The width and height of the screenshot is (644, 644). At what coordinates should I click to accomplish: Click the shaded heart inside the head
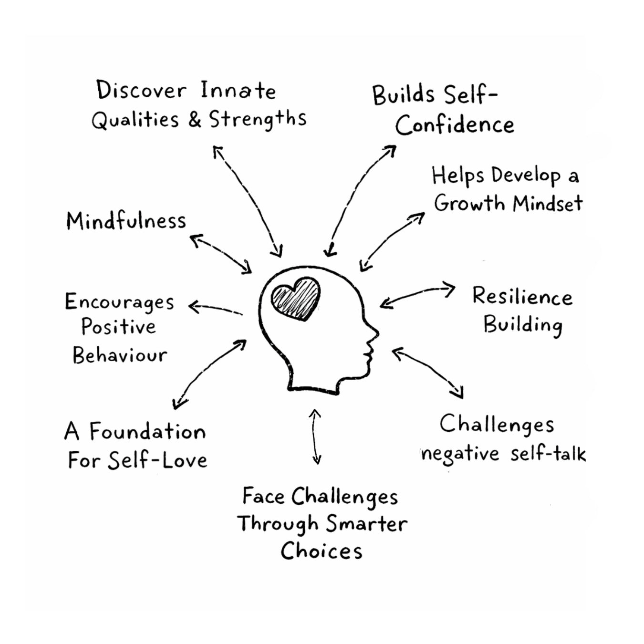(296, 299)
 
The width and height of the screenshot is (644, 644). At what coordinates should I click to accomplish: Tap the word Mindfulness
(126, 221)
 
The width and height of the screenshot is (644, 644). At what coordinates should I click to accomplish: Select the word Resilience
(522, 296)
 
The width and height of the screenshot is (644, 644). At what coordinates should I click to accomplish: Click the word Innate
(238, 91)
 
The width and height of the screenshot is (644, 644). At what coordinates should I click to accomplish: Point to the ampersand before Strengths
(194, 119)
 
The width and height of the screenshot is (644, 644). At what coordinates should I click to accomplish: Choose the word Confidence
(454, 125)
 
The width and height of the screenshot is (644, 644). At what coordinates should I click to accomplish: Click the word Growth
(469, 203)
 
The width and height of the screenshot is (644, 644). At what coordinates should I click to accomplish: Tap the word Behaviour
(120, 355)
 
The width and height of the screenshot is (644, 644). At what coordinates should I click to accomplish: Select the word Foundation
(147, 432)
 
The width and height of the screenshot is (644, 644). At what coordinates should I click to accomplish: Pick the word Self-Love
(157, 460)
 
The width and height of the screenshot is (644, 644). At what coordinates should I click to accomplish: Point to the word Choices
(321, 551)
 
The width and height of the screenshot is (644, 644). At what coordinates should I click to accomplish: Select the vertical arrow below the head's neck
(315, 436)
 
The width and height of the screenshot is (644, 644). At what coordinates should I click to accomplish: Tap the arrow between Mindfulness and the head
(221, 254)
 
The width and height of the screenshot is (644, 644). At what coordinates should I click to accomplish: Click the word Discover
(141, 90)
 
